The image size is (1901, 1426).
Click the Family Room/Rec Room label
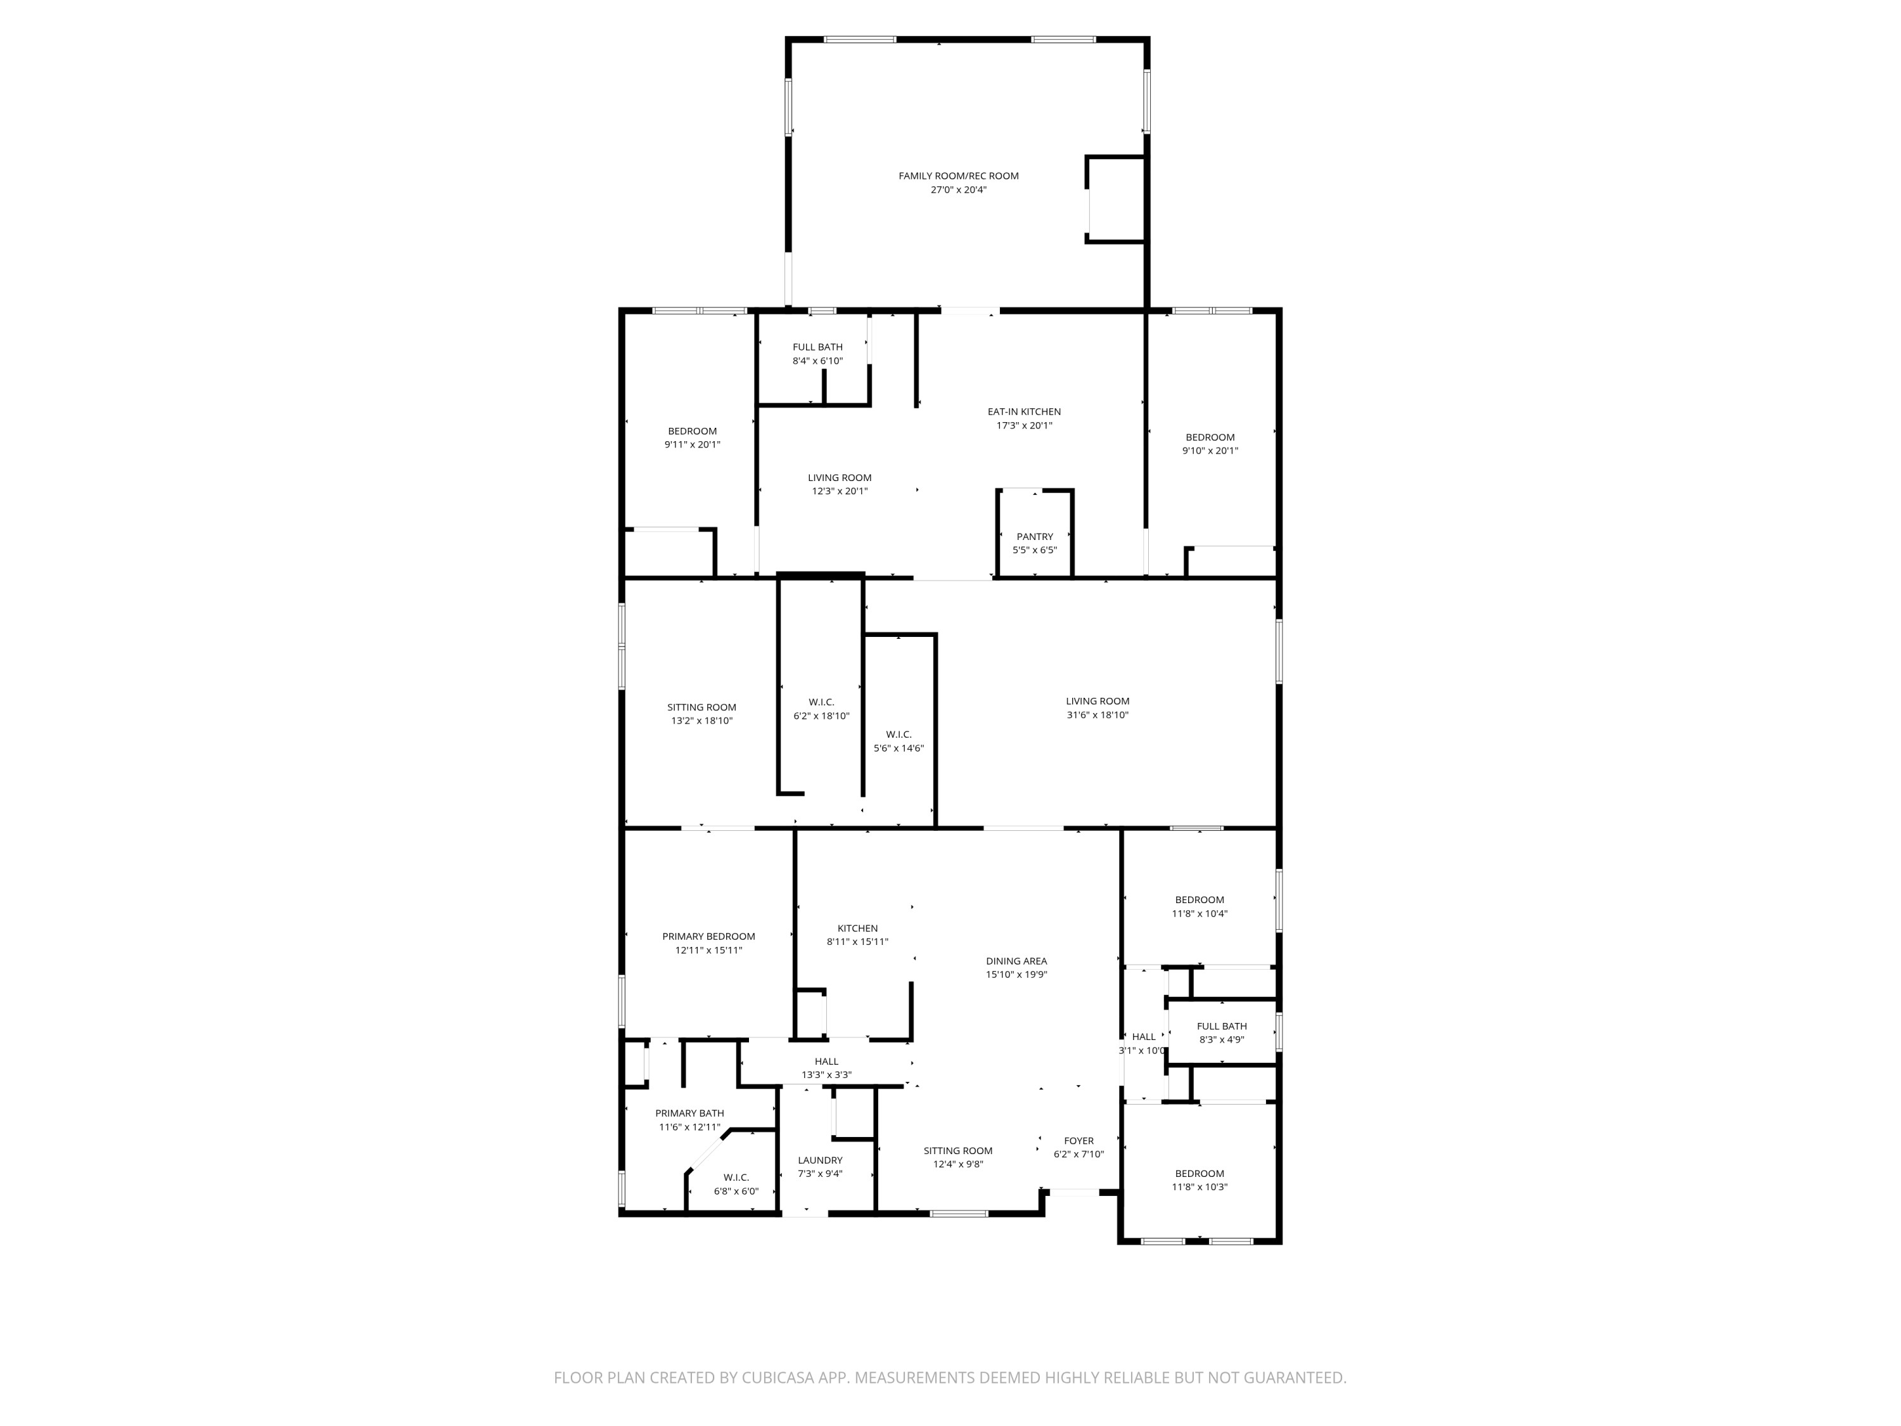click(x=958, y=176)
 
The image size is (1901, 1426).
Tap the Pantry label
click(x=1034, y=536)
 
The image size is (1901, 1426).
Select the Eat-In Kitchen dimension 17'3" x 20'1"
click(x=1023, y=425)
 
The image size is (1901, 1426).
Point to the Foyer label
click(x=1079, y=1141)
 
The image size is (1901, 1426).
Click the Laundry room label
click(x=820, y=1160)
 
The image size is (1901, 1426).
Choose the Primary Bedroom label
click(x=708, y=936)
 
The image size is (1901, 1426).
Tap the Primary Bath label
click(x=689, y=1113)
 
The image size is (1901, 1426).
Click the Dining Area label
click(x=1016, y=961)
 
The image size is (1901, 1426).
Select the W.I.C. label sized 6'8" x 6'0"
click(x=736, y=1178)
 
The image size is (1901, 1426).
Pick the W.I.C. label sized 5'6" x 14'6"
click(x=898, y=734)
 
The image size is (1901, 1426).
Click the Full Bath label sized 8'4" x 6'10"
click(x=817, y=347)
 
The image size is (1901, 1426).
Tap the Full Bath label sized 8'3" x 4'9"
click(x=1221, y=1025)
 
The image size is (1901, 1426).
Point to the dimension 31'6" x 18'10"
click(x=1097, y=715)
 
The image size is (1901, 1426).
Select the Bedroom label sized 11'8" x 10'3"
click(x=1199, y=1173)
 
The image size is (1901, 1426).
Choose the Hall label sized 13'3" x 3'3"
click(x=826, y=1062)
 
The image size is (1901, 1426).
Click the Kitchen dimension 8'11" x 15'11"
click(x=857, y=942)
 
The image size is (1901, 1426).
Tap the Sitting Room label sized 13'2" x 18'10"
click(x=701, y=707)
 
